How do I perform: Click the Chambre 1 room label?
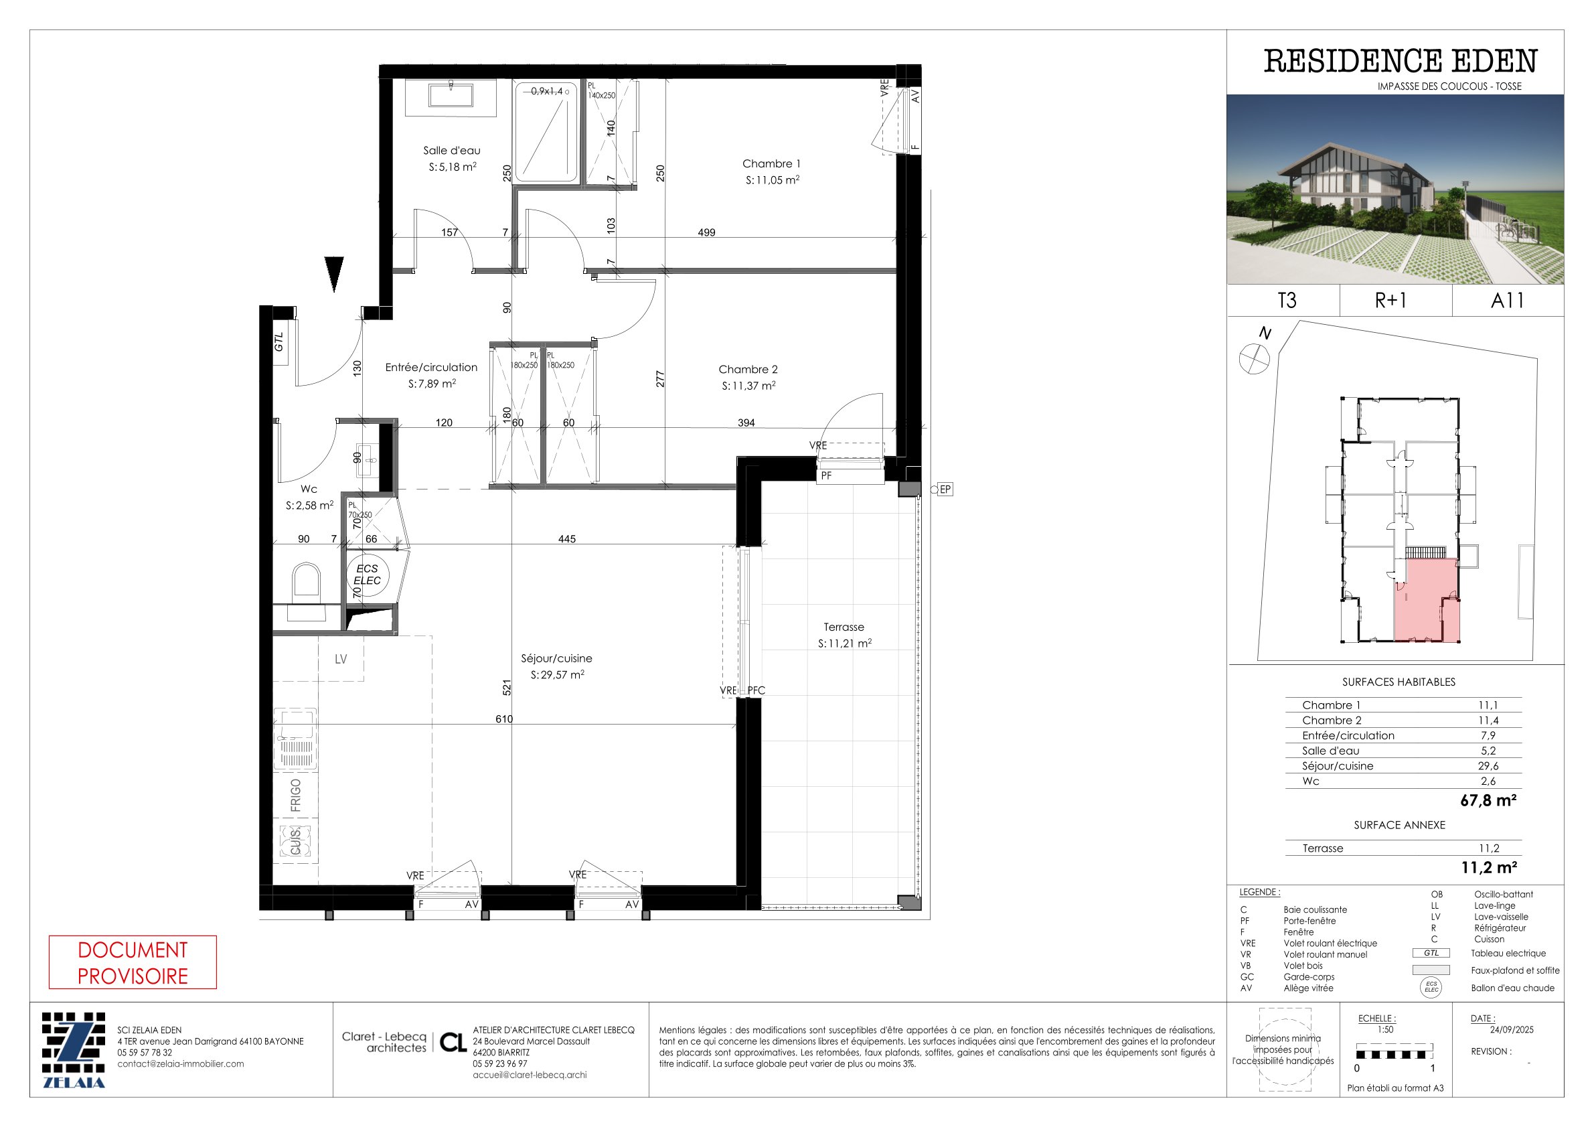pyautogui.click(x=771, y=164)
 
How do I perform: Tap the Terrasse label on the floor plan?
pyautogui.click(x=844, y=627)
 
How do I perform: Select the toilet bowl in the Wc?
pyautogui.click(x=307, y=580)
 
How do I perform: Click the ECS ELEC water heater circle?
pyautogui.click(x=368, y=575)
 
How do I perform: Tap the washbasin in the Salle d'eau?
pyautogui.click(x=451, y=96)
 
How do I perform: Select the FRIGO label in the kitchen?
pyautogui.click(x=296, y=795)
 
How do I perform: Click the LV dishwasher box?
pyautogui.click(x=341, y=659)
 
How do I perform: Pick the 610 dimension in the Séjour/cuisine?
pyautogui.click(x=504, y=719)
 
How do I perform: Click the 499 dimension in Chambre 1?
pyautogui.click(x=706, y=232)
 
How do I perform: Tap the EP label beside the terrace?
pyautogui.click(x=945, y=490)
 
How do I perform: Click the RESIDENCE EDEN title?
pyautogui.click(x=1400, y=61)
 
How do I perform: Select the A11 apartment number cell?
pyautogui.click(x=1507, y=301)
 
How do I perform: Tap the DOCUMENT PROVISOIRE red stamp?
pyautogui.click(x=133, y=962)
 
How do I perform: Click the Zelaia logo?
pyautogui.click(x=74, y=1051)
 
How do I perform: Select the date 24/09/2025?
pyautogui.click(x=1502, y=1030)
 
